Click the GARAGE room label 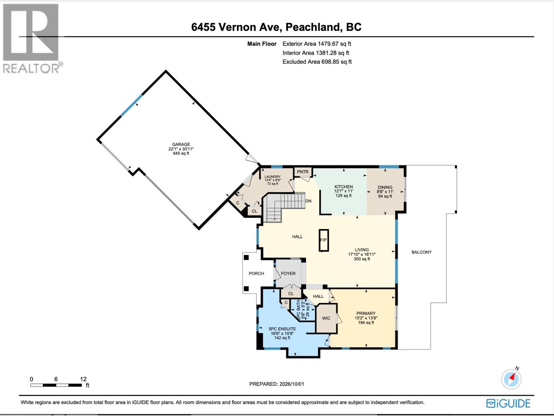coord(181,145)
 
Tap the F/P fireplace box coord(323,240)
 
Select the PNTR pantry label coord(303,172)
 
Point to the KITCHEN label coord(343,187)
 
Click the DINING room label coord(385,187)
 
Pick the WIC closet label coord(326,318)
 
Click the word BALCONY coord(421,252)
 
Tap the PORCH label coord(256,273)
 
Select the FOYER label coord(288,273)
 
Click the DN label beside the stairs coord(309,201)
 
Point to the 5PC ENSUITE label coord(282,329)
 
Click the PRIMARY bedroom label coord(366,313)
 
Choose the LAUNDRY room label coord(272,176)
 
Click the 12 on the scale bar coord(83,379)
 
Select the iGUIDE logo coord(508,404)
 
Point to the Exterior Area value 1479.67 coord(328,44)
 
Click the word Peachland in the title coord(313,27)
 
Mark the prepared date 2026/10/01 coord(292,384)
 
